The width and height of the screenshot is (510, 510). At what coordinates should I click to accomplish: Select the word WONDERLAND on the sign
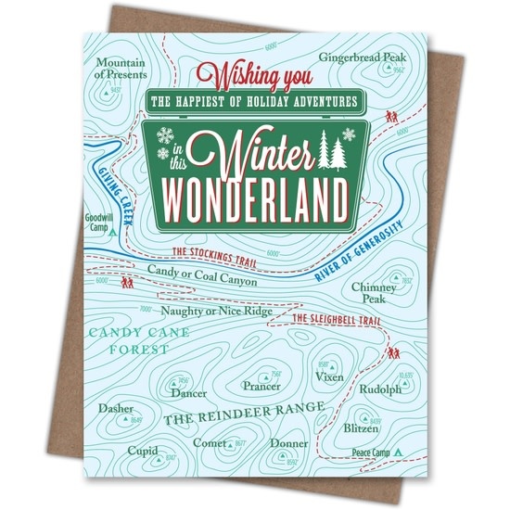coord(255,194)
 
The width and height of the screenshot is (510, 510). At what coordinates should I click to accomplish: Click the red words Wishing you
coord(254,71)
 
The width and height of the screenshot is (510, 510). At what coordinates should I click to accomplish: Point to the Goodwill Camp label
coord(97,223)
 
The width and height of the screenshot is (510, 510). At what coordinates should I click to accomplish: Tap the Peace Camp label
coord(372,453)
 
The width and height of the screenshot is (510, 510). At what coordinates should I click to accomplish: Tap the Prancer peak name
coord(262,385)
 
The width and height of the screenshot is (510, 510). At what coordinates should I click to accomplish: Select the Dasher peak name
coord(116,408)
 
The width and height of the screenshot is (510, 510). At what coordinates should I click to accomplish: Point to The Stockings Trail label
coord(215,251)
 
